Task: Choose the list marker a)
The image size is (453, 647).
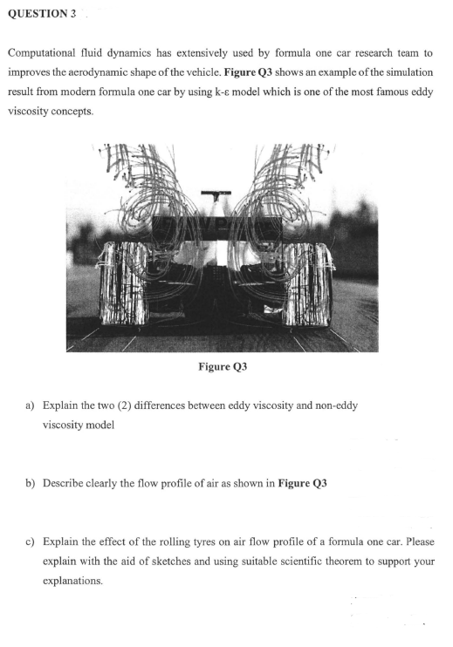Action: coord(31,405)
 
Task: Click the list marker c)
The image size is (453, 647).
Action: coord(31,541)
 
